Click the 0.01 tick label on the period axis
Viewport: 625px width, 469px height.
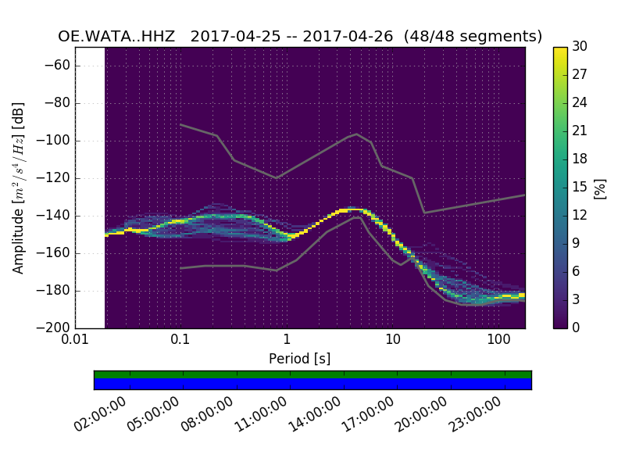[x=75, y=341]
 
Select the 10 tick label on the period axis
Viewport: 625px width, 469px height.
[x=393, y=341]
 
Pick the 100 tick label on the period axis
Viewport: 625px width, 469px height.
[x=498, y=341]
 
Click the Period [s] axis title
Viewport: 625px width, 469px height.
[x=299, y=359]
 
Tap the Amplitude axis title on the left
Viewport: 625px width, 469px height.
[x=19, y=188]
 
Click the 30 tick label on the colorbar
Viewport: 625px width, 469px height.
[x=580, y=48]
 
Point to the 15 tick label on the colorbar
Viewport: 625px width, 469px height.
[x=580, y=188]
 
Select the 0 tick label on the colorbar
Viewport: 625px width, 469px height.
[x=577, y=328]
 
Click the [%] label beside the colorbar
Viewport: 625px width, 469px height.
[x=600, y=188]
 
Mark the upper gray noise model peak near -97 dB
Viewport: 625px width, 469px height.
[x=357, y=134]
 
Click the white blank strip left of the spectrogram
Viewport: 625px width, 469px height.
[x=90, y=188]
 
